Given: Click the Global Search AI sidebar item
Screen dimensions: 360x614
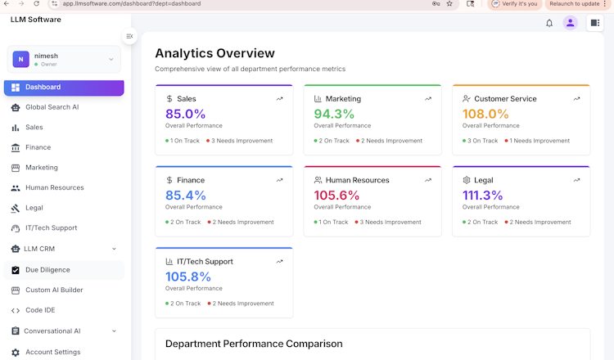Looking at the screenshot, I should (52, 107).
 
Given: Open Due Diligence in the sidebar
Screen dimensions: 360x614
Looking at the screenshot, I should (47, 270).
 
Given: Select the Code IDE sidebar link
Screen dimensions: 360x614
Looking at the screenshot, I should (40, 310).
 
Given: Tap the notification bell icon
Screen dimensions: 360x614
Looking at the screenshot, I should (549, 23).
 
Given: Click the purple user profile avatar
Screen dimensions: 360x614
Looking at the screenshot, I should (571, 23).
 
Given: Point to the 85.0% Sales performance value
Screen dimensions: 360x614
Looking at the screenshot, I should (185, 114).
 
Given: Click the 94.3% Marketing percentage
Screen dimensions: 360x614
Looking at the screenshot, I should (334, 114).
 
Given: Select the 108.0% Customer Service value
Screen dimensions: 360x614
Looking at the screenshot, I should (485, 114).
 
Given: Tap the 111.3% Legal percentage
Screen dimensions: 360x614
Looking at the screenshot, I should (482, 195).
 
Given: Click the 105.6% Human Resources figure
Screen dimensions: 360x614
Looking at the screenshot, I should (336, 195).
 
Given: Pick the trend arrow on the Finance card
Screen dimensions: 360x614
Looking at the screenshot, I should (279, 180).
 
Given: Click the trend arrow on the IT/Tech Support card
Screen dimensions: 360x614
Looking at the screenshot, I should (279, 262).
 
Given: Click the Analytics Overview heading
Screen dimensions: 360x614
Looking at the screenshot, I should (214, 53).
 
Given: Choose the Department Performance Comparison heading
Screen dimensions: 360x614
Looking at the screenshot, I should (254, 344).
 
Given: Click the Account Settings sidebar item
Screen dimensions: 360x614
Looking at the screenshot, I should (52, 352).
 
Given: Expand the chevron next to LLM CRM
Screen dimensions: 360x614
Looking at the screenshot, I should (114, 249).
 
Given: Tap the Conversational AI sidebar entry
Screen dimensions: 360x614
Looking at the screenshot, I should (52, 331).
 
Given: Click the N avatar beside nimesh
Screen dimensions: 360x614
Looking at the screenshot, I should (20, 59).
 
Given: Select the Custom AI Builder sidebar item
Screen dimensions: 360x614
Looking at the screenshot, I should (54, 290).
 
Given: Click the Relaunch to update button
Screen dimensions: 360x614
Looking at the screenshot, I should (575, 4).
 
